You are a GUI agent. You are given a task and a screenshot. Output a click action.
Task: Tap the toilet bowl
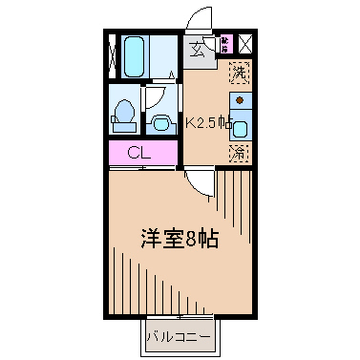click(122, 114)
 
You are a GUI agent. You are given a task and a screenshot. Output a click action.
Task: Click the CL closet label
click(139, 153)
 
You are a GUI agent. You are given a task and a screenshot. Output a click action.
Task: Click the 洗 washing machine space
click(240, 71)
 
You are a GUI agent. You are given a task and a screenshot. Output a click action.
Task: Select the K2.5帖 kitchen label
click(208, 122)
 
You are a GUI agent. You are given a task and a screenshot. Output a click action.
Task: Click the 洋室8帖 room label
click(178, 239)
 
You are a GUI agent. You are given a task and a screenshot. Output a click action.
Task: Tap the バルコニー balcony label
click(178, 335)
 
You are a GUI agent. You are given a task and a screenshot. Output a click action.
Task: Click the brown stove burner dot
click(240, 99)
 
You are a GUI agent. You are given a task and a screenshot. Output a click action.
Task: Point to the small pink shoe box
click(225, 43)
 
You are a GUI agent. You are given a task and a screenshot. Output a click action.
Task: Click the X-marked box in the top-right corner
click(244, 43)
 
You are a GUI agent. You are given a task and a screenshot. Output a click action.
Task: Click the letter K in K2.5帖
click(189, 122)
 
